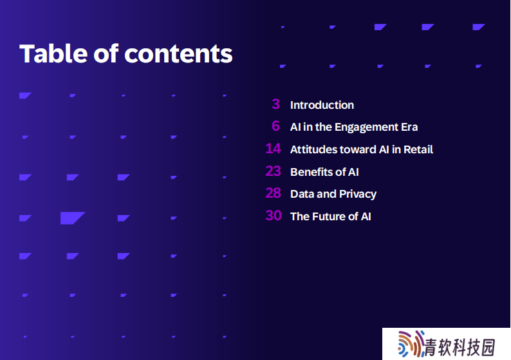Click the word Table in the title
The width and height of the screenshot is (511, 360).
tap(53, 53)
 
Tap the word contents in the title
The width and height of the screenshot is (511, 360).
tap(178, 54)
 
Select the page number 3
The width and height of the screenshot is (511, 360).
tap(275, 104)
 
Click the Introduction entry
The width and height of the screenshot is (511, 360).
tap(322, 105)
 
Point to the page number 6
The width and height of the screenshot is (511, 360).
tap(275, 126)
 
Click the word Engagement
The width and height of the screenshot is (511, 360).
tap(366, 128)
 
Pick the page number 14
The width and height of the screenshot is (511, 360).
tap(273, 149)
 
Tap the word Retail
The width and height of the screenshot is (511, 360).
tap(418, 149)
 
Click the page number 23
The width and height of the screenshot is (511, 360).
tap(273, 171)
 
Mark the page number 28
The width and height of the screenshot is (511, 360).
tap(273, 193)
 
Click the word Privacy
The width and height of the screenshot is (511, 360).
tap(358, 194)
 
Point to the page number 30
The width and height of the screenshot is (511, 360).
tap(274, 216)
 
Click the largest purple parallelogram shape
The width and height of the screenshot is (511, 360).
tap(72, 218)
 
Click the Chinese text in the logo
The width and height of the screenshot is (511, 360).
tap(460, 347)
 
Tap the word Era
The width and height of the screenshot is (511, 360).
tap(409, 127)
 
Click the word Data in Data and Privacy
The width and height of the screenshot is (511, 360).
tap(302, 194)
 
